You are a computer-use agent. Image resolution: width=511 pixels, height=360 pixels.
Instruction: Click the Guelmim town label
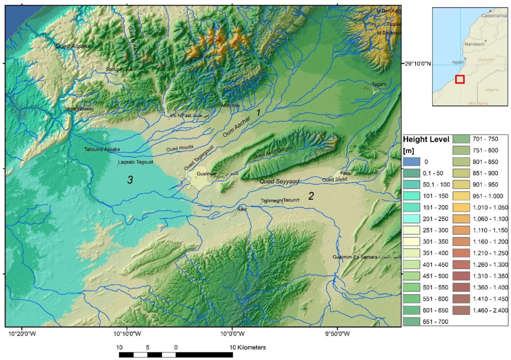coord(206,174)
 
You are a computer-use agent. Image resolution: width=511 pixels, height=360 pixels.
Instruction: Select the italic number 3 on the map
coord(130,180)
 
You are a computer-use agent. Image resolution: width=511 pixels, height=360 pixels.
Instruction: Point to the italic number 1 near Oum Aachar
coord(258,113)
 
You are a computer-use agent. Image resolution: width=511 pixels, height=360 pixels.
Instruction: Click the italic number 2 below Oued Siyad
coord(310,196)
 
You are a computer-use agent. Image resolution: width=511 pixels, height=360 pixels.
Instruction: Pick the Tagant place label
coord(379,84)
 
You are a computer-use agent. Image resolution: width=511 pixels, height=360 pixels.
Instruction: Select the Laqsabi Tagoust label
coord(135,162)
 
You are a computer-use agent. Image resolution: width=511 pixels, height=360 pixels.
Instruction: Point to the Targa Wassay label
coord(79,108)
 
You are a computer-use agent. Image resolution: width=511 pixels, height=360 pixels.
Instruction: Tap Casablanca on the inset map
coord(492,15)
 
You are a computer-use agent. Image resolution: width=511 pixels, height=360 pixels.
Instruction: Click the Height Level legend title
coord(426,139)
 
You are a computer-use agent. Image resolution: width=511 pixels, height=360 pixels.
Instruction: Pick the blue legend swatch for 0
coord(413,162)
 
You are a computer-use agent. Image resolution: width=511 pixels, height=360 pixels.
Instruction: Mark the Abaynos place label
coord(230,106)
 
